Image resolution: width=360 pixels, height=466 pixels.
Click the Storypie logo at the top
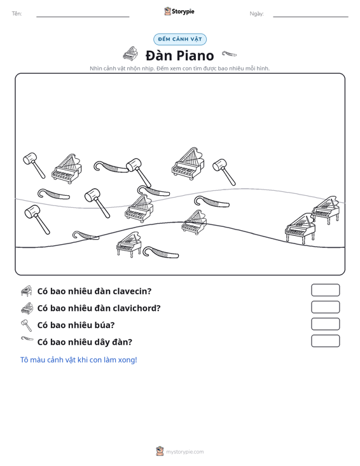179,11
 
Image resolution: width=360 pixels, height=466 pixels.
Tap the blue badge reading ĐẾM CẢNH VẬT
180,39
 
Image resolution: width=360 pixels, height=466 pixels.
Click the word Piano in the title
196,55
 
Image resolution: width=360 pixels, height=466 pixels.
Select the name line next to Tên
83,17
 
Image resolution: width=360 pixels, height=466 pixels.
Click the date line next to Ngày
310,17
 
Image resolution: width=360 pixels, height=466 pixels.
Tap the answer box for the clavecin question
325,290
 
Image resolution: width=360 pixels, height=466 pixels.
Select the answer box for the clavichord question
325,307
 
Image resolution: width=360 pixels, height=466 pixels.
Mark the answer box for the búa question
325,324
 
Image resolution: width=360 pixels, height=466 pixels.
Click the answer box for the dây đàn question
325,341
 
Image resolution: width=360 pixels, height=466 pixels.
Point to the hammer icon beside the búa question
27,325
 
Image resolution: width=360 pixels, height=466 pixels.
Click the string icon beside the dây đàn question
27,339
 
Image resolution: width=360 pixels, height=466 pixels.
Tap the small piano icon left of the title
130,53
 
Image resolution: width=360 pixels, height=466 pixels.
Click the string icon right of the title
229,53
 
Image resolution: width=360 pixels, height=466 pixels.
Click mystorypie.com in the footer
184,452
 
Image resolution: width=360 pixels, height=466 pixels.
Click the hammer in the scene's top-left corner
34,165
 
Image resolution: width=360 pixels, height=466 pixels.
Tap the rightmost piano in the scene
326,210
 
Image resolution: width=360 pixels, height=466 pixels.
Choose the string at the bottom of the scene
160,252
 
